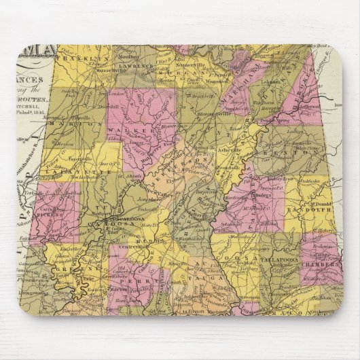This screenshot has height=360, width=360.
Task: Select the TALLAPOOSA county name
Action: click(x=280, y=259)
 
